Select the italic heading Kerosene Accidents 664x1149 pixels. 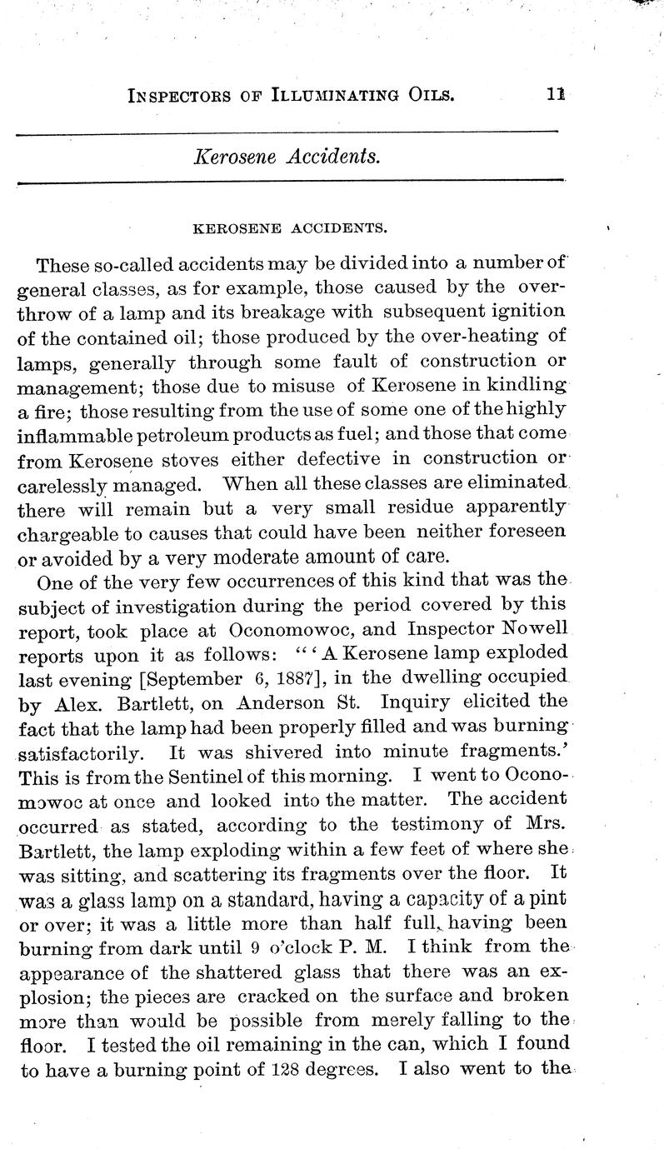[287, 156]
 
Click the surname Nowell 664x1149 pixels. [533, 627]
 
